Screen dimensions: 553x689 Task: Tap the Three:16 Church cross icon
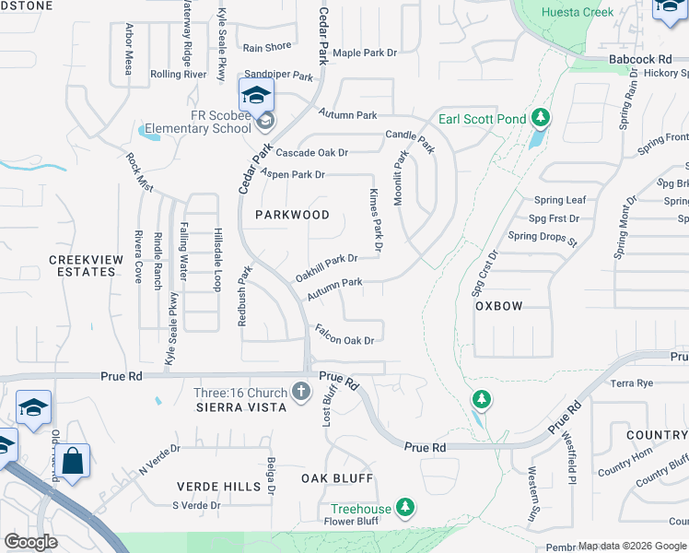[x=300, y=391]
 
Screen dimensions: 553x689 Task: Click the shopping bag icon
[x=73, y=460]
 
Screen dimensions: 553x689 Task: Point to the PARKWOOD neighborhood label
[x=292, y=215]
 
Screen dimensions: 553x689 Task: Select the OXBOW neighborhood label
[x=498, y=306]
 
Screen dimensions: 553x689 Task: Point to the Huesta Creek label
[x=604, y=13]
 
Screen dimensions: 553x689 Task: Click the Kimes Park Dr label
[x=375, y=222]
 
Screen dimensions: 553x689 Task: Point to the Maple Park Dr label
[x=365, y=53]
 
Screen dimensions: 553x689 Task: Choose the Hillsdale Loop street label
[x=218, y=259]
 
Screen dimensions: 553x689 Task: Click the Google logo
[x=31, y=542]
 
